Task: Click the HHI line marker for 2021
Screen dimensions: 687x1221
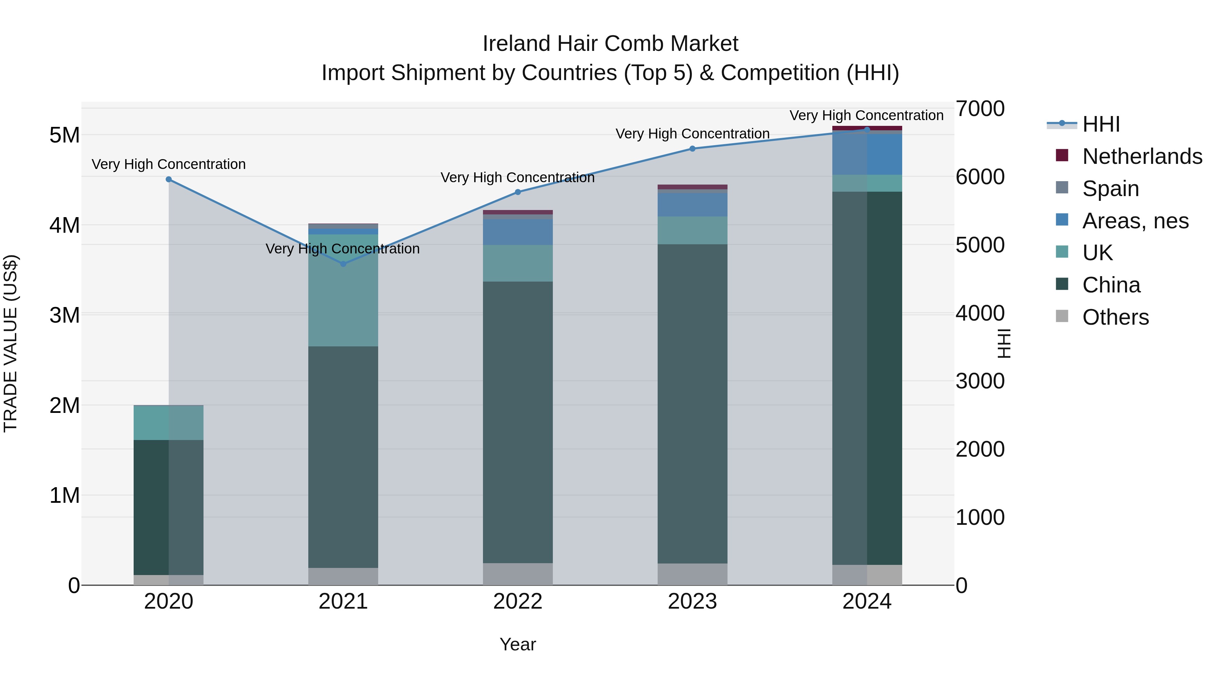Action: (x=343, y=264)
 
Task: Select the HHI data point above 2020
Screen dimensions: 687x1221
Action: (x=169, y=179)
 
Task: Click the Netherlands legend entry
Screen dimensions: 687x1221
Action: (x=1142, y=156)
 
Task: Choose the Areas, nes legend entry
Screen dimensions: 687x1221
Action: (x=1135, y=221)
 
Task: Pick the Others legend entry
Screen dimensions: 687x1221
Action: (x=1115, y=317)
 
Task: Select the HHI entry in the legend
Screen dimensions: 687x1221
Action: (x=1101, y=124)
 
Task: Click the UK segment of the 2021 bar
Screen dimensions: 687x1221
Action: (x=343, y=290)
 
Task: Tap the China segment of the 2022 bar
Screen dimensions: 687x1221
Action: (x=518, y=422)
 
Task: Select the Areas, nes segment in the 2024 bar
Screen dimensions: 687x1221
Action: (x=867, y=155)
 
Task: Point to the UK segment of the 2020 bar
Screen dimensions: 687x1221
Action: (x=169, y=423)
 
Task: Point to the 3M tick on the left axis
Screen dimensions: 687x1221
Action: (x=64, y=315)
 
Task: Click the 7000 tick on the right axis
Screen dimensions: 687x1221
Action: (x=979, y=109)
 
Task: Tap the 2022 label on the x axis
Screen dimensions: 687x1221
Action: (x=518, y=602)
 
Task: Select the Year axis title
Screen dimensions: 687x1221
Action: (x=518, y=644)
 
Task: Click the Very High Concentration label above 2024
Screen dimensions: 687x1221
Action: (x=866, y=115)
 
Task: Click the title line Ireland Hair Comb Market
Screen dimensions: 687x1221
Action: (x=610, y=44)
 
